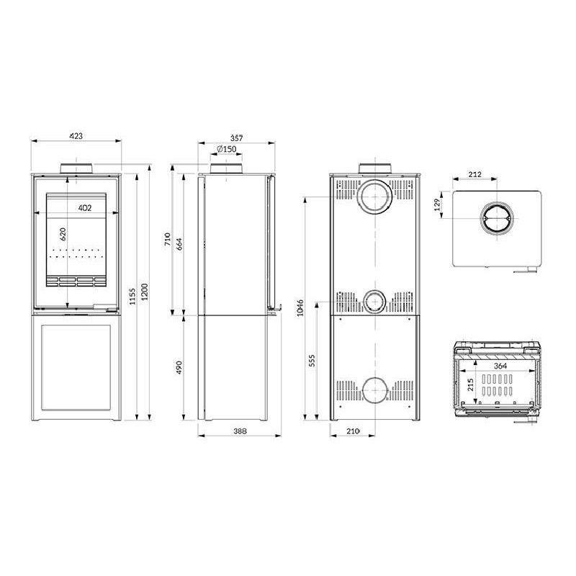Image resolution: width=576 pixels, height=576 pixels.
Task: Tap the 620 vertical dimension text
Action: (63, 234)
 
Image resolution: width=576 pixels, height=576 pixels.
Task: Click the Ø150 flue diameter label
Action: (226, 150)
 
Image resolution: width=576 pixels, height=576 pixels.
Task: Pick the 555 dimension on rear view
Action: (313, 361)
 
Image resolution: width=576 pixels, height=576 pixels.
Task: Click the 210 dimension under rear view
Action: (352, 431)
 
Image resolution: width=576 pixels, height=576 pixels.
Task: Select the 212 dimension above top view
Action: (474, 174)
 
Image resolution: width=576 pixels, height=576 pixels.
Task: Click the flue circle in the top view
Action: (497, 219)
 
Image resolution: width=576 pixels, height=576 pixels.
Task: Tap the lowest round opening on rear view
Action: (374, 391)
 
